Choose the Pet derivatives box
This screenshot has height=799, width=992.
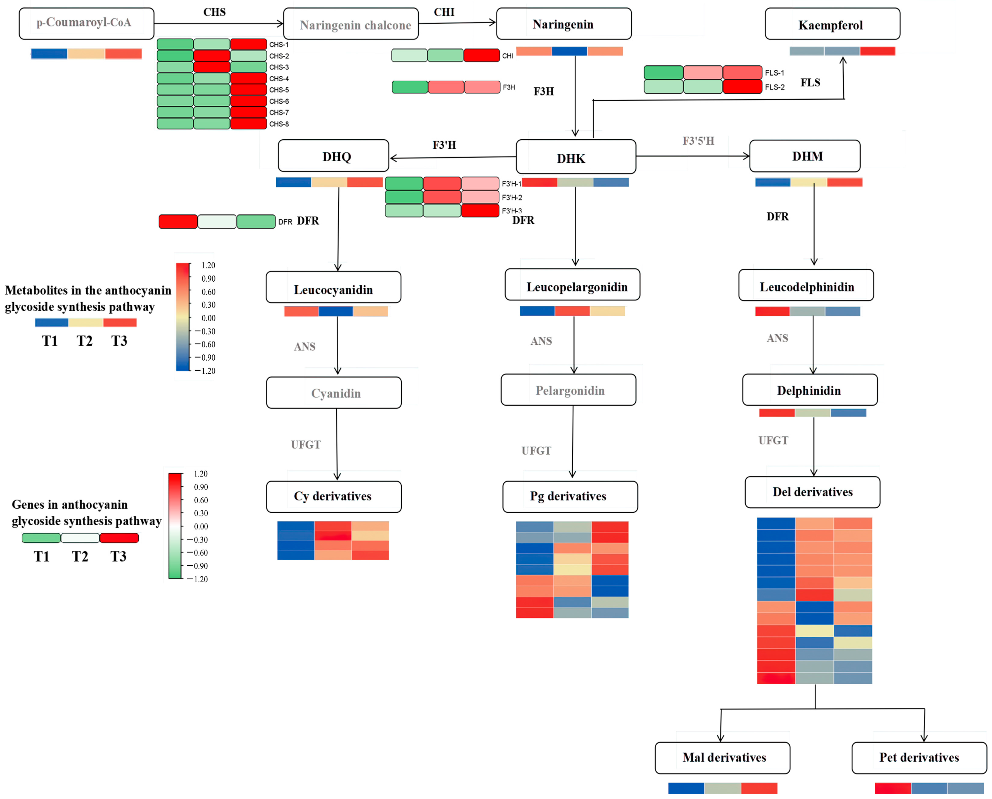(919, 758)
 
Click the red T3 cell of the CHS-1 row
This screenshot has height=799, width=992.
(248, 44)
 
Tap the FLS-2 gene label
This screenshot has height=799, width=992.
(775, 87)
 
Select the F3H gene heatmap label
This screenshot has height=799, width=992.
(509, 87)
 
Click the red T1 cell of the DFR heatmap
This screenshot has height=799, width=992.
(178, 221)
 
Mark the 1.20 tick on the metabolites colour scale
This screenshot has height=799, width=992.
(208, 265)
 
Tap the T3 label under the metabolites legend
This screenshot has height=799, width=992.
(119, 341)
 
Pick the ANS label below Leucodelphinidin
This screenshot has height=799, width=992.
(777, 338)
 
